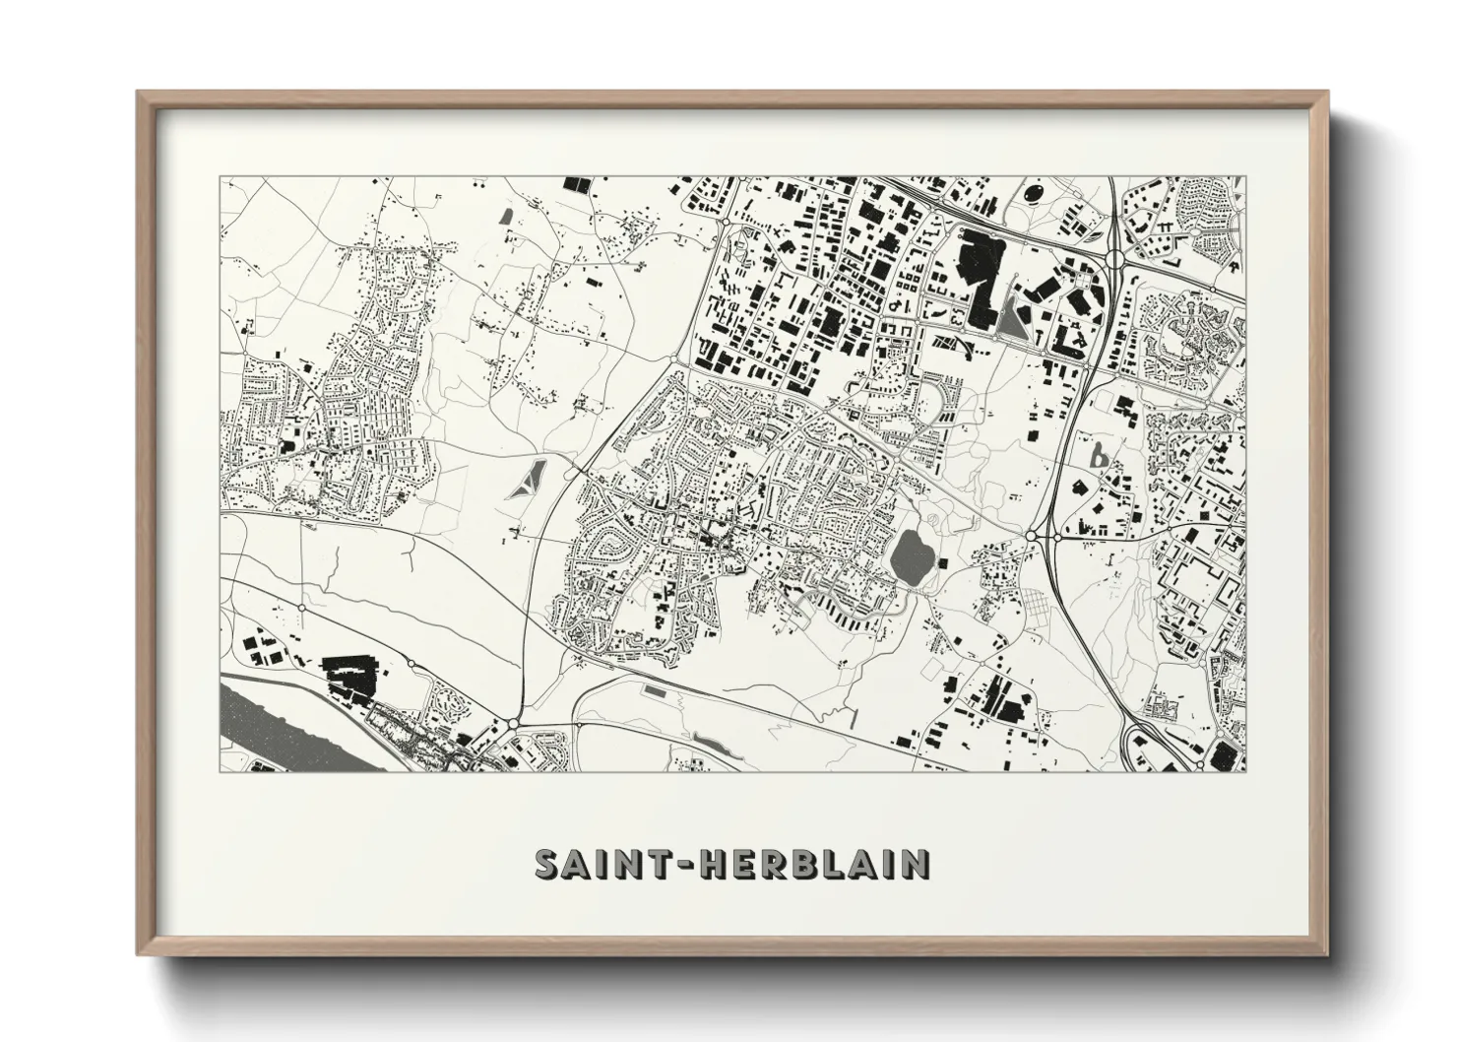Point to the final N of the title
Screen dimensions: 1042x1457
coord(916,865)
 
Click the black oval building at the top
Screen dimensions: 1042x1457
coord(1037,193)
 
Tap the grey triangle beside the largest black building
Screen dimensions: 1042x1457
coord(1011,318)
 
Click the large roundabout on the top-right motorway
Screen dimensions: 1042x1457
coord(1115,259)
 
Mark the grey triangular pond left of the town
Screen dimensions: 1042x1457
coord(529,478)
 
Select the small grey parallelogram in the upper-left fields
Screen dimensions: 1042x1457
coord(506,215)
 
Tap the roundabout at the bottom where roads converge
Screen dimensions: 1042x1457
coord(513,727)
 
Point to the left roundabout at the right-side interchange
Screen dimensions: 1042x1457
coord(1032,535)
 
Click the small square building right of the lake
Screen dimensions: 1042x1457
coord(942,562)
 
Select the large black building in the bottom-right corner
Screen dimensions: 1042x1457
coord(1223,756)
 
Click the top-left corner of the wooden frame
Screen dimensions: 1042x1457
coord(139,93)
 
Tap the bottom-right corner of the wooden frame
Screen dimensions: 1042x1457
coord(1326,954)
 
